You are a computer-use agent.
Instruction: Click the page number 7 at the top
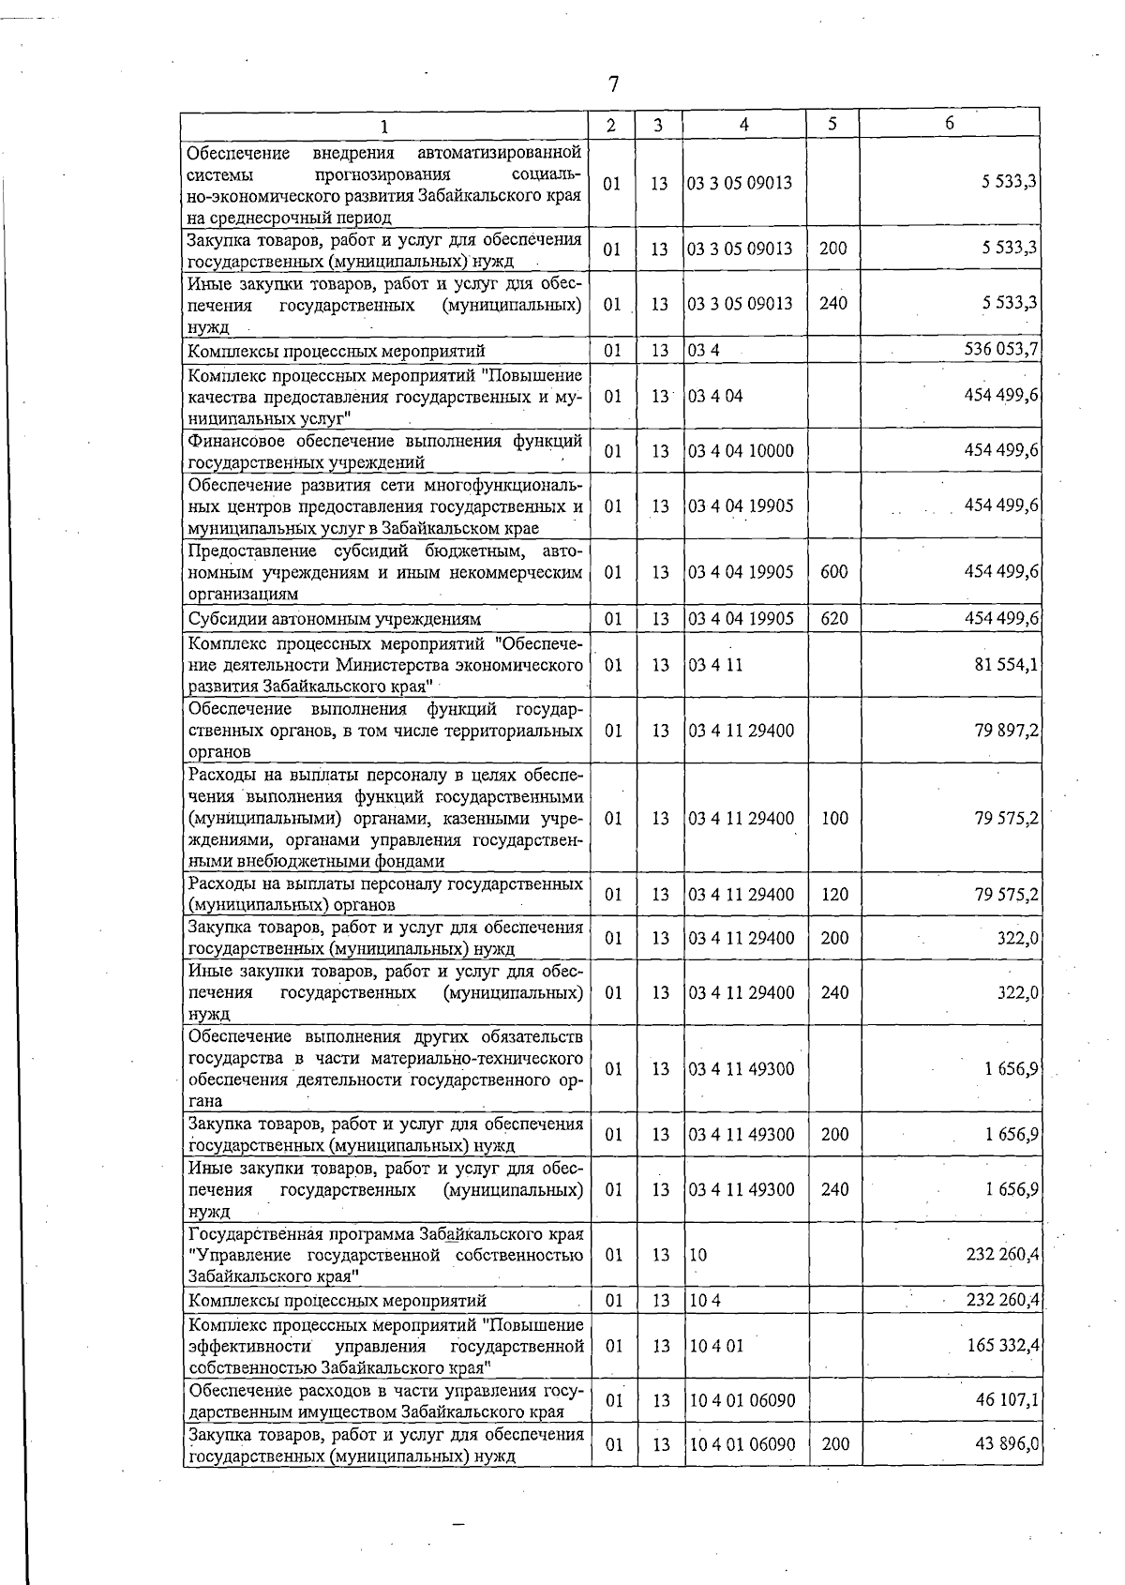[613, 84]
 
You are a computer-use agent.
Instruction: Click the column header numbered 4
[743, 124]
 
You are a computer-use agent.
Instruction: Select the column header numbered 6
[949, 123]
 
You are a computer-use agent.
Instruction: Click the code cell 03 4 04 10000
[741, 451]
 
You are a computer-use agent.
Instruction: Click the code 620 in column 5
[833, 618]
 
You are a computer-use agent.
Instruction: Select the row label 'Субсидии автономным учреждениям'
[335, 619]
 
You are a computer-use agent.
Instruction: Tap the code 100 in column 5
[833, 819]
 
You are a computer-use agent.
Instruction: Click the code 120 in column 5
[833, 895]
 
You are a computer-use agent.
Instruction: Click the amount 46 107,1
[1007, 1400]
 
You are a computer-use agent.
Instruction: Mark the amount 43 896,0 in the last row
[1007, 1444]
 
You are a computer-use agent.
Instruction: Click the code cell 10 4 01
[716, 1346]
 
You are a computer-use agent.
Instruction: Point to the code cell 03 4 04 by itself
[715, 396]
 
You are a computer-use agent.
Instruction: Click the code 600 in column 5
[833, 572]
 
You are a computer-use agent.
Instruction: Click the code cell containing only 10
[698, 1255]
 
